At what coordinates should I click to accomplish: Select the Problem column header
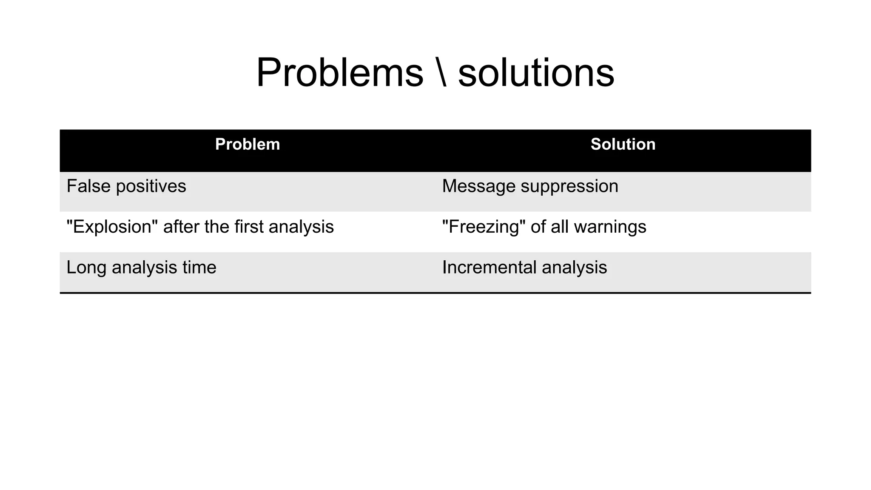pos(248,144)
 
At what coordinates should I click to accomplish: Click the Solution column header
pos(623,144)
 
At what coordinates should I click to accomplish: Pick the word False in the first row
pos(88,186)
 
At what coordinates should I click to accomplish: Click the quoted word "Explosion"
pos(112,227)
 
